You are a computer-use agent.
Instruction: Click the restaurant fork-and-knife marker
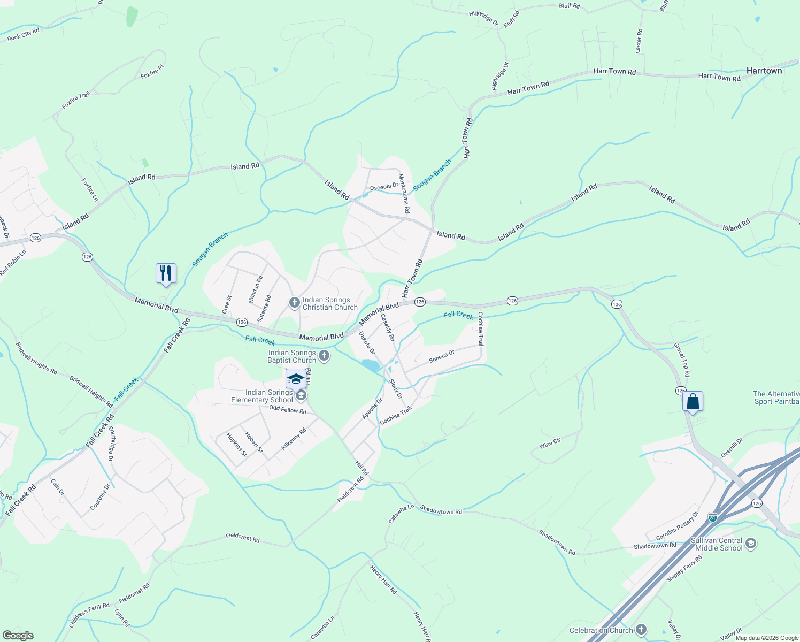point(166,273)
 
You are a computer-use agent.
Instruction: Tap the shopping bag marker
point(693,401)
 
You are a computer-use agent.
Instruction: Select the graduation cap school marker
point(296,379)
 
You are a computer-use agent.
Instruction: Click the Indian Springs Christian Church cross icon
point(294,303)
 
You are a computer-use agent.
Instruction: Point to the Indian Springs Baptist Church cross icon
point(324,356)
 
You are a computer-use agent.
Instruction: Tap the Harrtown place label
point(764,71)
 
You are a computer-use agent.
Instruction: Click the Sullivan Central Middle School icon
point(750,544)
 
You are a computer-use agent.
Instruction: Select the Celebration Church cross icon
point(641,630)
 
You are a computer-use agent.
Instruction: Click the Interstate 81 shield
point(712,517)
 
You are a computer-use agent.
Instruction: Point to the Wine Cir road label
point(550,443)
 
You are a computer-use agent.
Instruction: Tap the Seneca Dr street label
point(442,356)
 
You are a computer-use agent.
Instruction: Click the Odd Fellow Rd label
point(288,410)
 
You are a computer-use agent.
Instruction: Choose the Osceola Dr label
point(384,186)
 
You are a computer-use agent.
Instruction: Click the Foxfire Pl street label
point(152,72)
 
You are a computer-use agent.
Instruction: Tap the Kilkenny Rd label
point(294,439)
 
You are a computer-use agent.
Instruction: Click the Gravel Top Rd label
point(682,360)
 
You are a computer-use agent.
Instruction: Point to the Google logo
point(18,636)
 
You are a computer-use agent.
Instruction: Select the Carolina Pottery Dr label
point(678,526)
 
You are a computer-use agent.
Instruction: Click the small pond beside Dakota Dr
point(370,365)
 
